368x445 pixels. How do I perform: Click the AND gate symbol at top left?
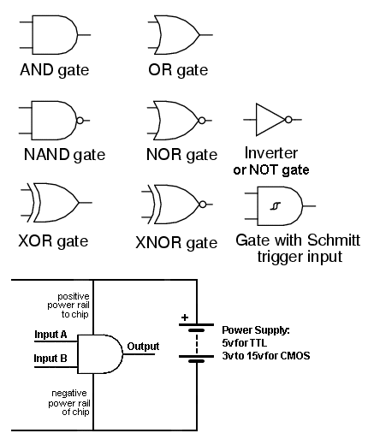click(54, 35)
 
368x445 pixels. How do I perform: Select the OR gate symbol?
click(180, 35)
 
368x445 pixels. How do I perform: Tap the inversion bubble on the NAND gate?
click(80, 121)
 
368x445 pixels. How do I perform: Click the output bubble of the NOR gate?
click(202, 121)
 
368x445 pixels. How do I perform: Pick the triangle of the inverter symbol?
click(270, 120)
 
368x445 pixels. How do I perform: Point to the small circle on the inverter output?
click(288, 120)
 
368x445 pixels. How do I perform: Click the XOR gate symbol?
click(56, 203)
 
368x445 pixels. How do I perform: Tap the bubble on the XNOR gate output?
click(203, 205)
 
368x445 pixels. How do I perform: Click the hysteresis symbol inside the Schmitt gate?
click(276, 206)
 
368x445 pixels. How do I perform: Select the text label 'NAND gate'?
click(64, 155)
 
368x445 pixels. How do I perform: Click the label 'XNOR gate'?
click(176, 243)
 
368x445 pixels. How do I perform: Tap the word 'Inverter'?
click(271, 153)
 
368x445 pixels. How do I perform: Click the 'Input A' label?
click(50, 334)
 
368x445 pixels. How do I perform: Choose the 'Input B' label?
click(50, 358)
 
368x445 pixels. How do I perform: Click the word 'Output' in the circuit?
click(143, 347)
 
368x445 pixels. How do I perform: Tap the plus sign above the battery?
click(185, 317)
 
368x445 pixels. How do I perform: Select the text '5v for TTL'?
click(244, 342)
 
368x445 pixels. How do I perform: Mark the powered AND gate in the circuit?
click(100, 354)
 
